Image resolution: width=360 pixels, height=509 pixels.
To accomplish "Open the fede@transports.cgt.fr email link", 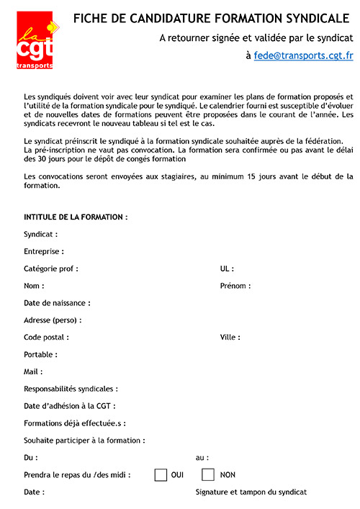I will [x=303, y=55].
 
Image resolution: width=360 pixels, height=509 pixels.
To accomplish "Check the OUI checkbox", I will [x=161, y=474].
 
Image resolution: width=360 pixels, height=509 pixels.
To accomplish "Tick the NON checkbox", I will [x=208, y=474].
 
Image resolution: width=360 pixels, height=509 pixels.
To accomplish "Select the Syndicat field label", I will [x=40, y=234].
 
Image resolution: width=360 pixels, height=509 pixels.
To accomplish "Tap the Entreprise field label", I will [x=44, y=251].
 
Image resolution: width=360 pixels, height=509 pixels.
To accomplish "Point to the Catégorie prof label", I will [x=52, y=269].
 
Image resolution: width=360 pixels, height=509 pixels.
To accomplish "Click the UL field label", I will [x=227, y=269].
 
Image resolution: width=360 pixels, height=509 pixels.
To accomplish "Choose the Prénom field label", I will [x=235, y=286].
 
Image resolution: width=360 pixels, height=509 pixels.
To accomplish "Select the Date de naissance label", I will [x=57, y=303].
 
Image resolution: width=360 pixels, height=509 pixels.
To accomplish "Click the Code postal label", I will [x=46, y=337].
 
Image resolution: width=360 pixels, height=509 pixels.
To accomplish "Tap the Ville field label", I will [x=230, y=337].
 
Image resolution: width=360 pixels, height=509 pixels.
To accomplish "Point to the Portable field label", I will [x=40, y=354].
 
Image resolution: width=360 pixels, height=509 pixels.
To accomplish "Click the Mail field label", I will [x=33, y=371].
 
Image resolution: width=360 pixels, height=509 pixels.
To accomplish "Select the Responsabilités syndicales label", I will [x=71, y=389].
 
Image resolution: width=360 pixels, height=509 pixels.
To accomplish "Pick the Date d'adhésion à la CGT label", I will [x=69, y=406].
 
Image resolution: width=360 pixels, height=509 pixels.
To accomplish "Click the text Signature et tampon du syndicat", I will [x=251, y=492].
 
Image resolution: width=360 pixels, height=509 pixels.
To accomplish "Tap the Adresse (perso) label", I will [x=53, y=320].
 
